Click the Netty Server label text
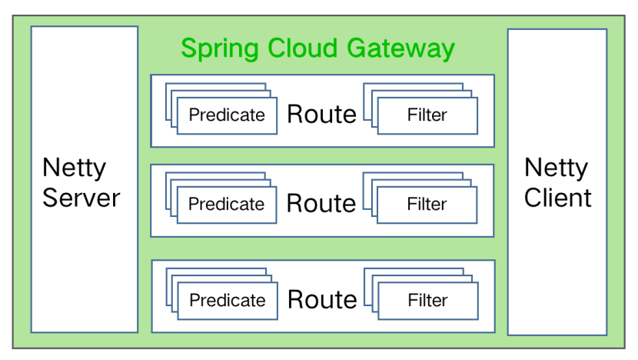pos(81,182)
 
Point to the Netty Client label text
pos(557,182)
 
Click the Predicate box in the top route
pos(227,115)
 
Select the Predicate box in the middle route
pos(226,205)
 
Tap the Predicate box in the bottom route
pos(227,300)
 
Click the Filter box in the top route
pos(427,115)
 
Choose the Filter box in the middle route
pos(427,205)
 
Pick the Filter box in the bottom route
pos(427,300)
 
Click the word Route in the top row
pos(321,115)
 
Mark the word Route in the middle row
pos(321,204)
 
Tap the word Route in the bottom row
pos(322,299)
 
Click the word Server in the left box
pos(81,198)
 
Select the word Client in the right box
pos(557,198)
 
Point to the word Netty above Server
pos(74,168)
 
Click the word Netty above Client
pos(556,168)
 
